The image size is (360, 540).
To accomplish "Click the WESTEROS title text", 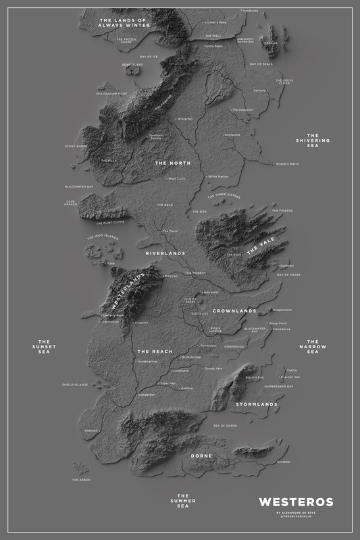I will click(x=296, y=502).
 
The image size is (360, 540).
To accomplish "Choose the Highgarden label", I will click(x=146, y=395).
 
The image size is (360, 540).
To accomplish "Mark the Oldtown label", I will click(x=92, y=430).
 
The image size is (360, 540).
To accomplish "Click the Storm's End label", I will click(x=254, y=377).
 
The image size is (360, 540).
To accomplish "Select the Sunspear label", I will click(x=284, y=462).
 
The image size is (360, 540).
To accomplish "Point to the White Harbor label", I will click(x=219, y=176).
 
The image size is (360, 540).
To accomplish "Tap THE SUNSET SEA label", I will click(x=45, y=347).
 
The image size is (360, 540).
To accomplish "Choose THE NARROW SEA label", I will click(x=313, y=347).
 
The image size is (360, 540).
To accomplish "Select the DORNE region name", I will click(x=201, y=456).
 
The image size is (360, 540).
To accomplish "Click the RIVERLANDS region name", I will click(x=165, y=253).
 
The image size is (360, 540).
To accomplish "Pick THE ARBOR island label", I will click(x=80, y=480).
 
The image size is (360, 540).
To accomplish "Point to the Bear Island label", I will click(x=132, y=65).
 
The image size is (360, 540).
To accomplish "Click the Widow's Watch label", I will click(x=287, y=164).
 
